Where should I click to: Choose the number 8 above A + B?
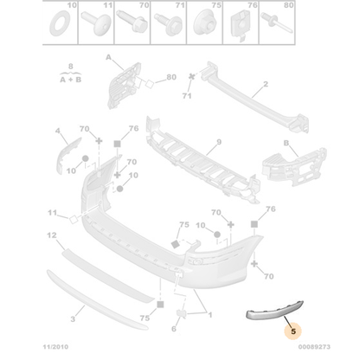(x=70, y=67)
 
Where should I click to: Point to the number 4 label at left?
(x=59, y=132)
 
